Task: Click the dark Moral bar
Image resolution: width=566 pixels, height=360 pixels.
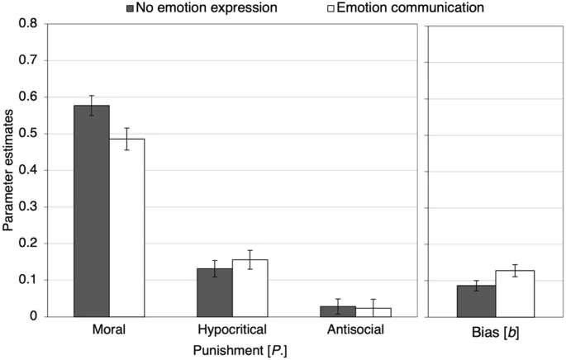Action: coord(92,211)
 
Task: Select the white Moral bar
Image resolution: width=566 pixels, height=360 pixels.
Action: coord(126,227)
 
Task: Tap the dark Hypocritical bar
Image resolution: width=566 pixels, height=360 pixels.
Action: coord(215,292)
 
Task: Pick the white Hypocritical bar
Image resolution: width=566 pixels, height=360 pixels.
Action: coord(250,288)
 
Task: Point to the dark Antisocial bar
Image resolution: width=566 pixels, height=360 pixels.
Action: coord(338,311)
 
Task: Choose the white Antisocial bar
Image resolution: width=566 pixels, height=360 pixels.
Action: coord(373,312)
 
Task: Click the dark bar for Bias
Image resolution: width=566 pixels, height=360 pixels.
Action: coord(477,301)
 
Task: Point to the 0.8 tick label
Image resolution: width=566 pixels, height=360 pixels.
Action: coord(28,24)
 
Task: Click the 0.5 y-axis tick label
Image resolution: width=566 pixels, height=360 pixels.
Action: coord(28,134)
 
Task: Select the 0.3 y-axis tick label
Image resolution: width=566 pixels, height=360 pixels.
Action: coord(28,206)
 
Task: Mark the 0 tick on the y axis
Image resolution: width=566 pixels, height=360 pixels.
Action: coord(34,316)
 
